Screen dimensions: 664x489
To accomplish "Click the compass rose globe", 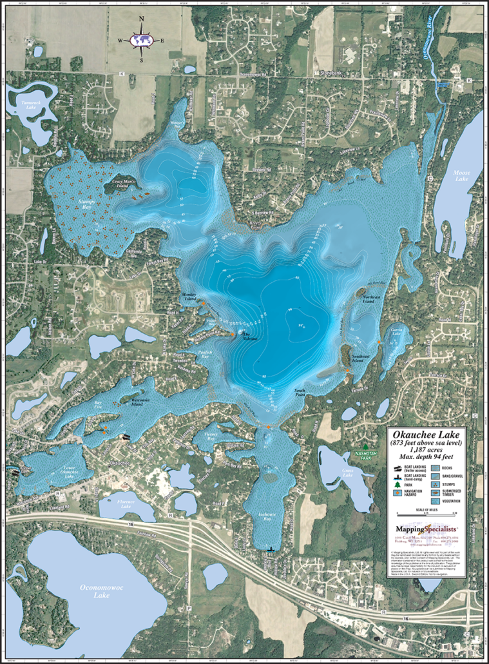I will pyautogui.click(x=140, y=40).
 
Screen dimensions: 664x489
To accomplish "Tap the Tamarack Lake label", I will pyautogui.click(x=30, y=105).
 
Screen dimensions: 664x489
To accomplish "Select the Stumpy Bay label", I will pyautogui.click(x=86, y=202).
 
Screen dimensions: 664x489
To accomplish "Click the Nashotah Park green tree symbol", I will pyautogui.click(x=365, y=446).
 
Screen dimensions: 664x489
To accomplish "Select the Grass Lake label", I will pyautogui.click(x=347, y=472).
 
